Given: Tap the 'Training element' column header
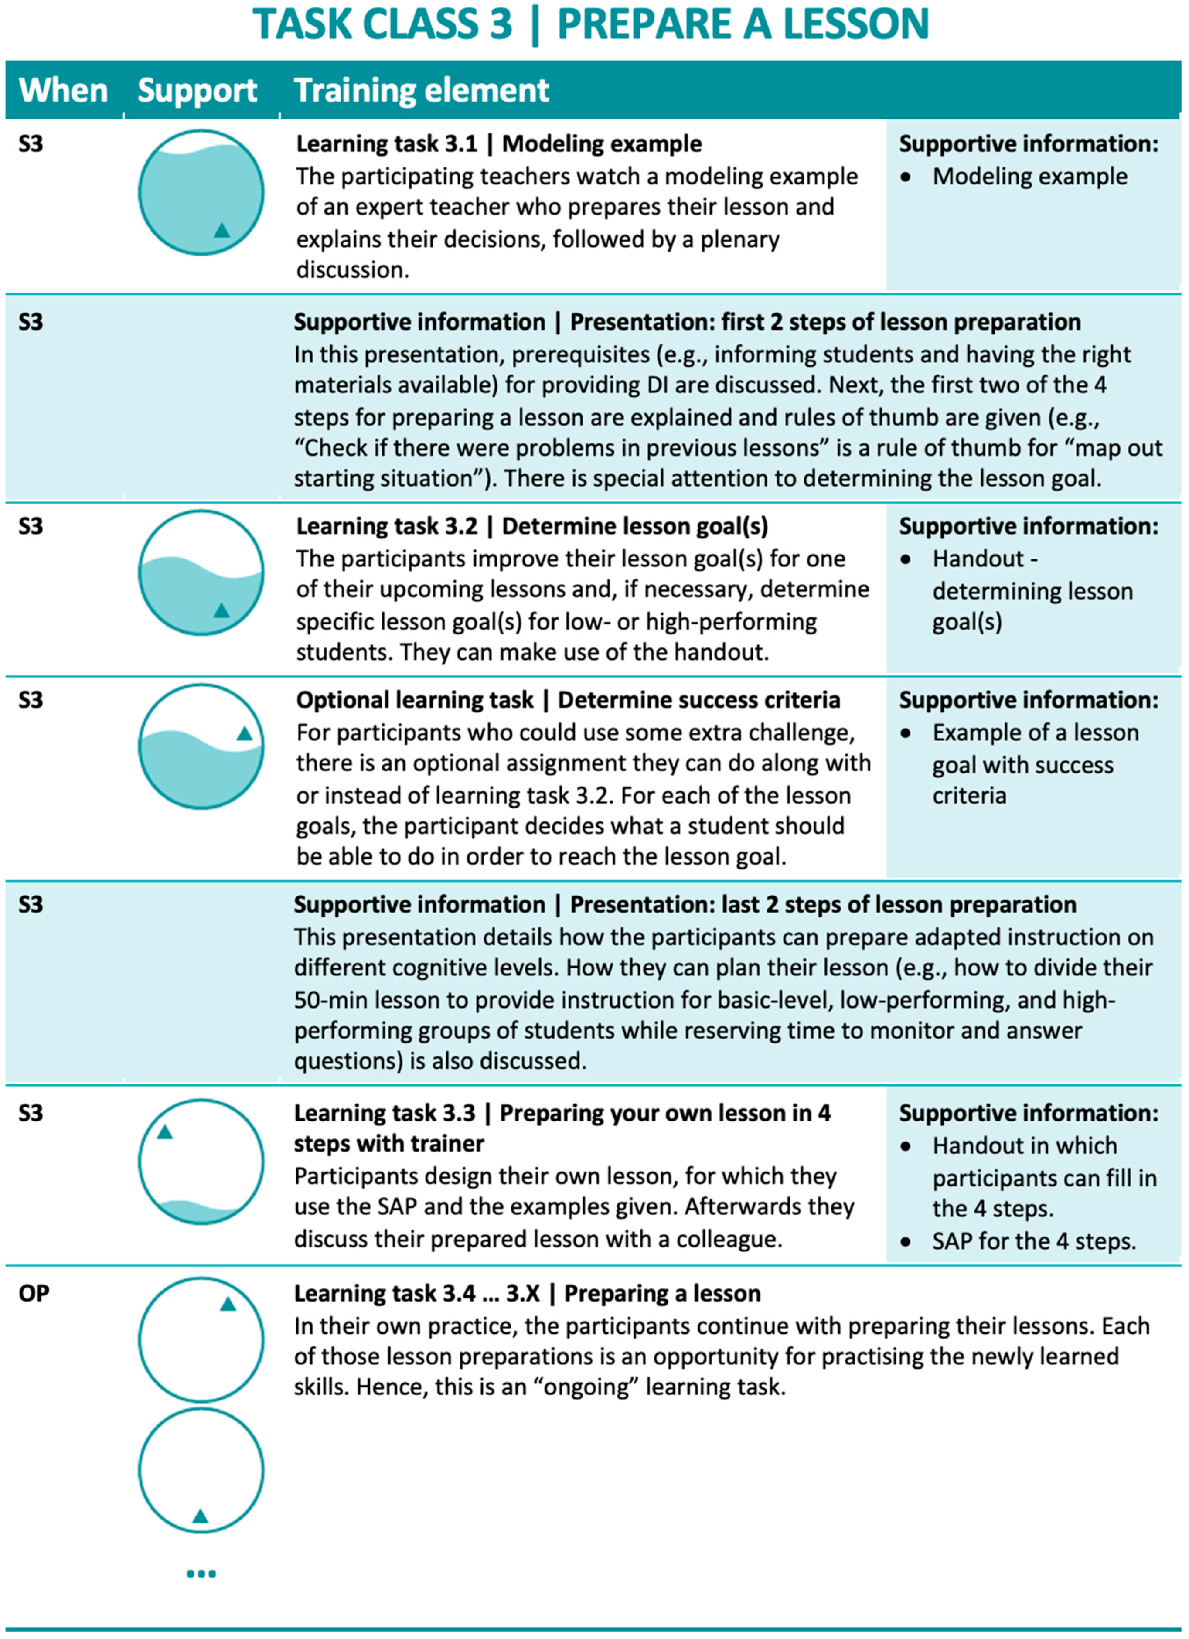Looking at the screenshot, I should pyautogui.click(x=421, y=90).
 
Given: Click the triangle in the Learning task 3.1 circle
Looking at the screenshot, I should pyautogui.click(x=222, y=231).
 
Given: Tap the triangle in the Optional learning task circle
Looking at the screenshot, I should pyautogui.click(x=245, y=733).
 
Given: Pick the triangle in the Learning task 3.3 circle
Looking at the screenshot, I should pyautogui.click(x=165, y=1132).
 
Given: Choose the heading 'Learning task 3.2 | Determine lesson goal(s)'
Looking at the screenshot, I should pyautogui.click(x=532, y=526).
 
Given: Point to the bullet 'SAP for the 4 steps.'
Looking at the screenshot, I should pyautogui.click(x=1034, y=1241).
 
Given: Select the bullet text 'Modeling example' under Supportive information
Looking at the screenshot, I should pyautogui.click(x=1029, y=176).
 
